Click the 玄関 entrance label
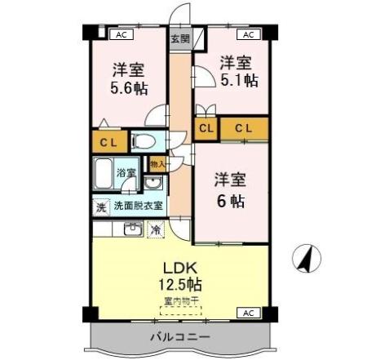tap(179, 38)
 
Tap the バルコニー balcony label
tap(180, 337)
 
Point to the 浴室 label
tap(126, 173)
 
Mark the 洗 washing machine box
tap(100, 207)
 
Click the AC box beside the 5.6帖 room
tap(121, 34)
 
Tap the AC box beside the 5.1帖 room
tap(248, 34)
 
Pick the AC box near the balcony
tap(248, 313)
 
